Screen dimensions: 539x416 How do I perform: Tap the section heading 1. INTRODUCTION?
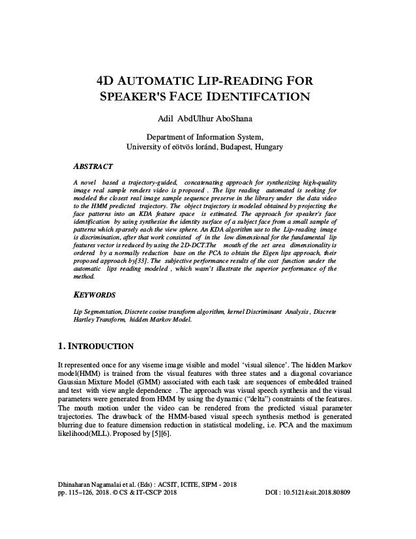coord(97,345)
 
